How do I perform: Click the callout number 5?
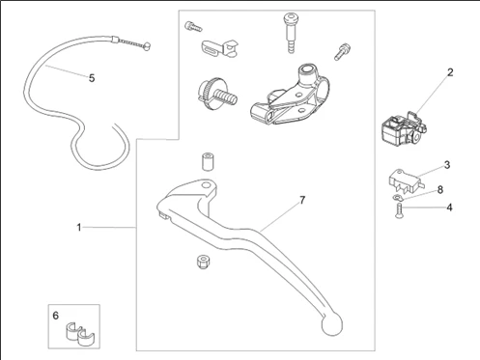pyautogui.click(x=92, y=78)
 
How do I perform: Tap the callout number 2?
pyautogui.click(x=450, y=72)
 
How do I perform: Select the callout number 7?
pyautogui.click(x=302, y=200)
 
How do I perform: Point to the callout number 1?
pyautogui.click(x=79, y=228)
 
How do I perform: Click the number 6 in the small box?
pyautogui.click(x=56, y=316)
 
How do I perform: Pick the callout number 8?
pyautogui.click(x=440, y=190)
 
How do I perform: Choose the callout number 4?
pyautogui.click(x=449, y=208)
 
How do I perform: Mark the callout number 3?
pyautogui.click(x=447, y=165)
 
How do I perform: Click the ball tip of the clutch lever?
pyautogui.click(x=332, y=324)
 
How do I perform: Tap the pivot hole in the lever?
pyautogui.click(x=206, y=185)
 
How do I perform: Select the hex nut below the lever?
pyautogui.click(x=203, y=262)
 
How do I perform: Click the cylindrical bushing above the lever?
pyautogui.click(x=208, y=162)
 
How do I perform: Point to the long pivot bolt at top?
pyautogui.click(x=291, y=33)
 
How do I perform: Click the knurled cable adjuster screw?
pyautogui.click(x=217, y=93)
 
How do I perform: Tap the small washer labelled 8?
pyautogui.click(x=396, y=197)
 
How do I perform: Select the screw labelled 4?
pyautogui.click(x=399, y=210)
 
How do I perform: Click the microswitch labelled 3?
pyautogui.click(x=407, y=181)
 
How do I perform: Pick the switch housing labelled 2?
pyautogui.click(x=404, y=128)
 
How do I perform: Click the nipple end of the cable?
pyautogui.click(x=147, y=46)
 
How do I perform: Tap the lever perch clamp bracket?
pyautogui.click(x=290, y=95)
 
